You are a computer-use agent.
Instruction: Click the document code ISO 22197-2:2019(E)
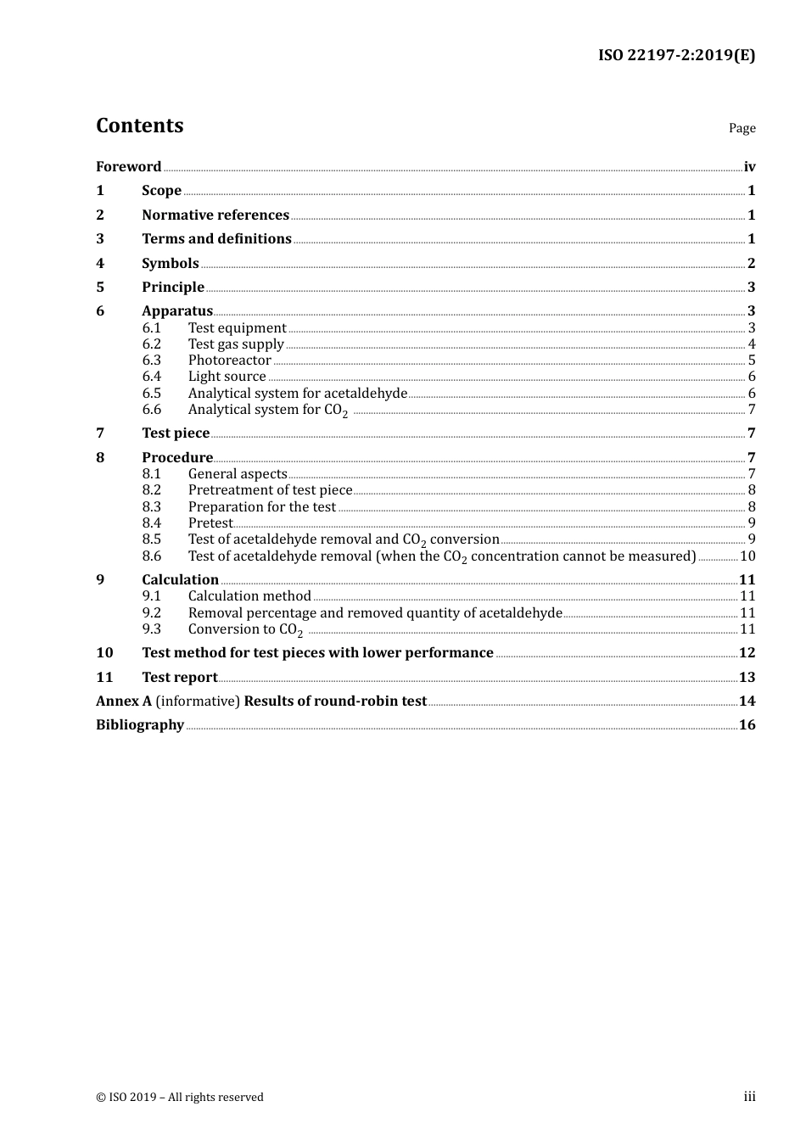click(x=676, y=55)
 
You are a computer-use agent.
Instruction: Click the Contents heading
click(x=139, y=126)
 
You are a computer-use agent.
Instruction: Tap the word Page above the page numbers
click(x=742, y=128)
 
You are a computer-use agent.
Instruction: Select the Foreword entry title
click(x=128, y=166)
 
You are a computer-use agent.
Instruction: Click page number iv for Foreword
click(x=749, y=167)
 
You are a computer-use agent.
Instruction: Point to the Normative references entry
click(x=215, y=215)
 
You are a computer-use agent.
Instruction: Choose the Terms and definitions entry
click(x=216, y=239)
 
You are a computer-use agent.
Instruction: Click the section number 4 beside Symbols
click(x=100, y=264)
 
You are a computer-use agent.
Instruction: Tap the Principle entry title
click(x=173, y=288)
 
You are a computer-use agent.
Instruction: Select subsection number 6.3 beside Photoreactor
click(x=152, y=360)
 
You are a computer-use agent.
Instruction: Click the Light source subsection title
click(x=227, y=377)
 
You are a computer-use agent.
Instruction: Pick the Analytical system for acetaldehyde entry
click(x=297, y=394)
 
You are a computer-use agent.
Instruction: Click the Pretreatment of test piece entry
click(x=270, y=490)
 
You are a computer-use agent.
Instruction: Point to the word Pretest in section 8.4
click(x=210, y=523)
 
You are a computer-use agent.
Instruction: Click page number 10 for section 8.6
click(x=747, y=556)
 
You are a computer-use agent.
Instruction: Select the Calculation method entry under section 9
click(x=249, y=596)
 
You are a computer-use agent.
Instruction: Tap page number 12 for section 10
click(x=747, y=653)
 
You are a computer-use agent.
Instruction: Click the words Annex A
click(x=124, y=701)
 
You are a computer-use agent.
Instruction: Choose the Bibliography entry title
click(x=140, y=725)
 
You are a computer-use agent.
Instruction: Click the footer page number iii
click(x=749, y=1097)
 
